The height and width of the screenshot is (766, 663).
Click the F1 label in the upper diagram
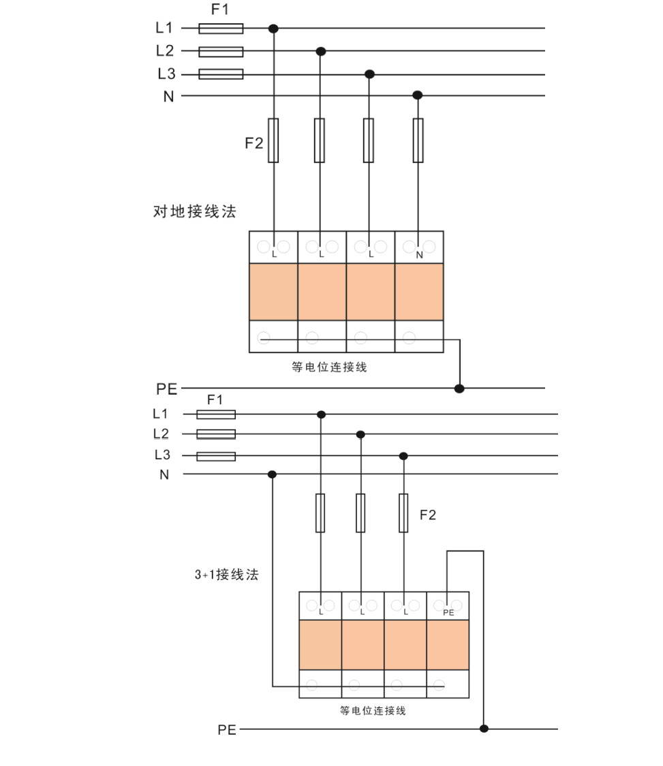pyautogui.click(x=220, y=10)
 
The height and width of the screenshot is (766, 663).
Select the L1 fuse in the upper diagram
pyautogui.click(x=221, y=29)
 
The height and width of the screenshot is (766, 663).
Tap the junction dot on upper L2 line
pyautogui.click(x=321, y=51)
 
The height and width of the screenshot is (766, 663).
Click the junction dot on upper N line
pyautogui.click(x=418, y=95)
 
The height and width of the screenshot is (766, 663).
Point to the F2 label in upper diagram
pyautogui.click(x=253, y=144)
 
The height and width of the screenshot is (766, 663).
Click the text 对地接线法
pyautogui.click(x=195, y=211)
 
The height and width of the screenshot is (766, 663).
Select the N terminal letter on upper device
pyautogui.click(x=419, y=255)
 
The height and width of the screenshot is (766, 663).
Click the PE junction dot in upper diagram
pyautogui.click(x=459, y=388)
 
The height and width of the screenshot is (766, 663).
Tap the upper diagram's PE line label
pyautogui.click(x=166, y=389)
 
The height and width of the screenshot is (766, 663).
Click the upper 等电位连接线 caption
pyautogui.click(x=329, y=367)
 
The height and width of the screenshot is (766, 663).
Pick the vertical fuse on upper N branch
pyautogui.click(x=418, y=140)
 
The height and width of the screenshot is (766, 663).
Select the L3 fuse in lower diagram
pyautogui.click(x=216, y=456)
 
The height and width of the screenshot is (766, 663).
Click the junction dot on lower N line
pyautogui.click(x=272, y=474)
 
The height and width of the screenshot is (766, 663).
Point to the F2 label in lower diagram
pyautogui.click(x=427, y=515)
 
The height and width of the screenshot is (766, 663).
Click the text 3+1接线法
pyautogui.click(x=226, y=574)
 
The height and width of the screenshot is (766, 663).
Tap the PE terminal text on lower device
pyautogui.click(x=448, y=613)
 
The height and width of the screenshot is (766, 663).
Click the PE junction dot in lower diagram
pyautogui.click(x=484, y=729)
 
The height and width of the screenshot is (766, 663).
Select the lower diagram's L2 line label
pyautogui.click(x=161, y=434)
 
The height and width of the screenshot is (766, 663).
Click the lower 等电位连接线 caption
pyautogui.click(x=373, y=711)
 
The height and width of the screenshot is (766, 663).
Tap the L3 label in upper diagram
pyautogui.click(x=166, y=74)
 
